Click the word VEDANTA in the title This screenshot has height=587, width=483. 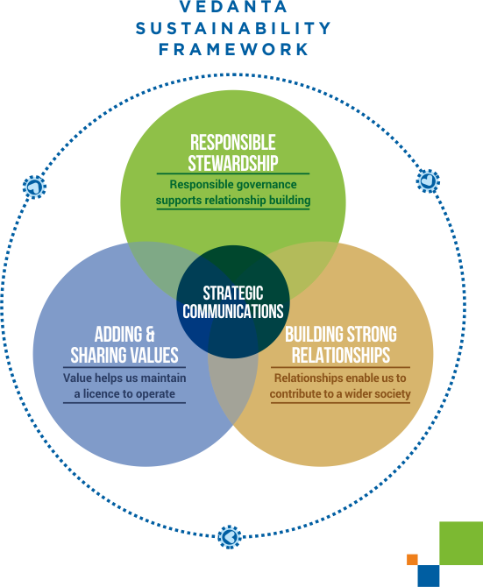tap(233, 7)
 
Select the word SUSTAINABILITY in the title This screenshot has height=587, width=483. tap(233, 28)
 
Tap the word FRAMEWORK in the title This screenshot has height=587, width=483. tap(233, 49)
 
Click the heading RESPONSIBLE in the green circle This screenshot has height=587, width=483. tap(233, 142)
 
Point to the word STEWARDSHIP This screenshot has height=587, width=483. tap(233, 163)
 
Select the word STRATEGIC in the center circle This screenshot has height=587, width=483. tap(233, 293)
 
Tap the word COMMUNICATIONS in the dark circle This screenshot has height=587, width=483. tap(233, 312)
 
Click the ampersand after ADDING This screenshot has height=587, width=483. tap(150, 335)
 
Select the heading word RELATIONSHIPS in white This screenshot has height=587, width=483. tap(341, 356)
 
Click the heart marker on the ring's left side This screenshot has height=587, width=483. tap(34, 187)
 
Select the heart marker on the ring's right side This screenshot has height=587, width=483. tap(428, 181)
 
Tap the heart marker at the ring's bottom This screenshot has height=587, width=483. tap(230, 537)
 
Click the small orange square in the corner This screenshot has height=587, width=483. tap(412, 559)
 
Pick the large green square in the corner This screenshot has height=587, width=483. tap(461, 543)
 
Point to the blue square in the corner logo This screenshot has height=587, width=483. tap(429, 576)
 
